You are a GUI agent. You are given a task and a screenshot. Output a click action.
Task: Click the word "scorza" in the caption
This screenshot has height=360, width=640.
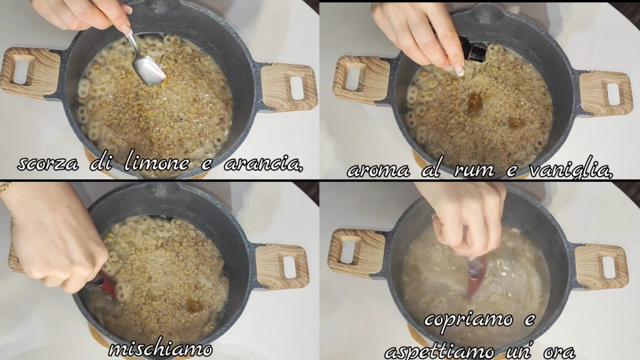(48, 164)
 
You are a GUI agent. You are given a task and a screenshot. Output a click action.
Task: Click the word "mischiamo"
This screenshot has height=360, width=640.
(161, 349)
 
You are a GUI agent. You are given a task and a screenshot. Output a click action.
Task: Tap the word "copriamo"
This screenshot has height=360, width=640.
(468, 319)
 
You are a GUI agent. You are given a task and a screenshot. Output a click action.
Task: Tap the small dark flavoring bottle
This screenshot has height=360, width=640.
(472, 49)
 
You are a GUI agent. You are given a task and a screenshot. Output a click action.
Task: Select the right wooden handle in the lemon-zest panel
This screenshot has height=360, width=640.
(289, 86)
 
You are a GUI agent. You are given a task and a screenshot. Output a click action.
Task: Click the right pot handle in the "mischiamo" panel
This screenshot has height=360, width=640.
(282, 266)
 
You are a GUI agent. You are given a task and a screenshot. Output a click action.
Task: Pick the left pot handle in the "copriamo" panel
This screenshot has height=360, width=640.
(357, 253)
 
